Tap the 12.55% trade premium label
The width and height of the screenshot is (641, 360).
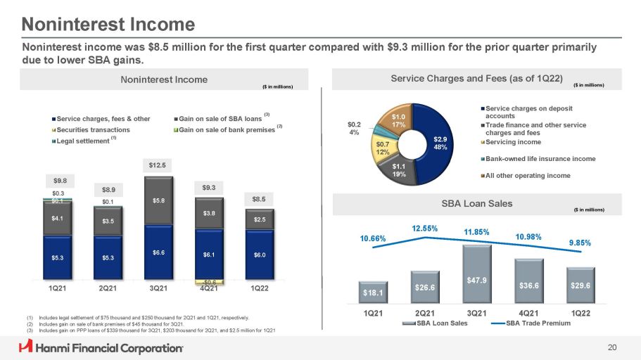424,229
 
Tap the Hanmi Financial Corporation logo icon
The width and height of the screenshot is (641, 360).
27,347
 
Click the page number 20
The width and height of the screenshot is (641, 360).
611,346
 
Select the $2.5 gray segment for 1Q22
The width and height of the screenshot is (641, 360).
258,220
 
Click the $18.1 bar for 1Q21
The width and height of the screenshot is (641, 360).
372,291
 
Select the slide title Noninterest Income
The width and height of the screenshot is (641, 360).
108,25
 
